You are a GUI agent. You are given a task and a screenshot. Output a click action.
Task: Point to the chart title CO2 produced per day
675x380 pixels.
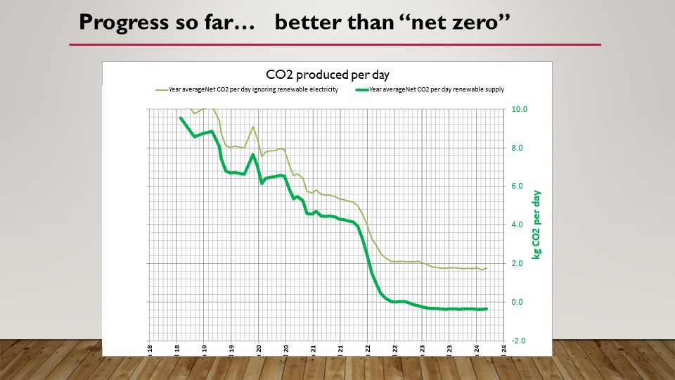328,75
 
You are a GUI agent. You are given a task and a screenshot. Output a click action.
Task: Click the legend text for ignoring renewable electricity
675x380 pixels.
254,89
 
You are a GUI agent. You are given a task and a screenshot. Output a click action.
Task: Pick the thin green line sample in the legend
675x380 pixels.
161,89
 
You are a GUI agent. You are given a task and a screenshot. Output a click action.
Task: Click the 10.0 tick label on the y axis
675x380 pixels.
519,110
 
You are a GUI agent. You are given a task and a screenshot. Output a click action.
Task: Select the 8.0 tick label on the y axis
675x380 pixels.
519,148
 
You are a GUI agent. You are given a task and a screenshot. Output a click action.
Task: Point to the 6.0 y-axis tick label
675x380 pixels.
519,186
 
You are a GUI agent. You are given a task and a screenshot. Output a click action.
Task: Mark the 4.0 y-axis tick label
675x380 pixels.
519,225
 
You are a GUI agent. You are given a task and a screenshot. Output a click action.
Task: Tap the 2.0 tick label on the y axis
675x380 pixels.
519,264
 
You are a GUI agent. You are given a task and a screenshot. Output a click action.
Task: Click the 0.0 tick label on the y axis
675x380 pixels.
519,303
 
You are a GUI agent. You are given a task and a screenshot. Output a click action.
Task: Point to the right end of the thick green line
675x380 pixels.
487,309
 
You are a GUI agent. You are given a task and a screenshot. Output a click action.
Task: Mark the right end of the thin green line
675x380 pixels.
487,268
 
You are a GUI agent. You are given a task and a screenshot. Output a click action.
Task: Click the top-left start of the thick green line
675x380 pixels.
181,118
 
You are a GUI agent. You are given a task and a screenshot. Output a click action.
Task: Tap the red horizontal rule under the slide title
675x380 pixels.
335,44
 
